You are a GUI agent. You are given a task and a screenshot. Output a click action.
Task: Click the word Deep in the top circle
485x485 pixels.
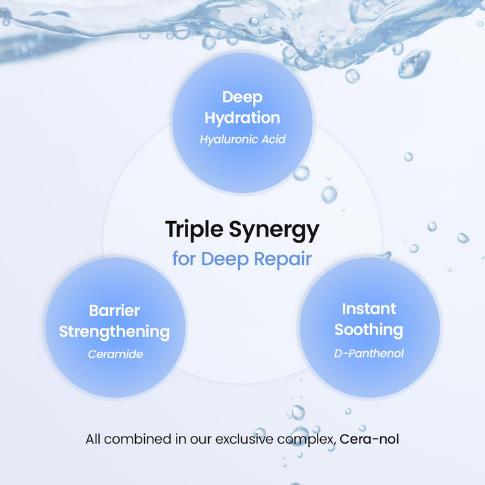click(x=242, y=98)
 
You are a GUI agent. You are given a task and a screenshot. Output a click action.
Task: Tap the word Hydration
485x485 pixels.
click(x=242, y=118)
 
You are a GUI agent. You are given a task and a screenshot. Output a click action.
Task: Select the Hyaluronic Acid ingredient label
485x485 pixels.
click(x=242, y=140)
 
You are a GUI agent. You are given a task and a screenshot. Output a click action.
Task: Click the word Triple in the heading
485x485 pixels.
click(x=194, y=230)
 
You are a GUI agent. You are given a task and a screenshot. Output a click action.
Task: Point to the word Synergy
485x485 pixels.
click(x=274, y=231)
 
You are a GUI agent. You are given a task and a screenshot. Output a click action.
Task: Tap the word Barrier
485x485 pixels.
click(x=114, y=310)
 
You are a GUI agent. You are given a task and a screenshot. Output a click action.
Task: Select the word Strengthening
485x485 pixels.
click(x=114, y=332)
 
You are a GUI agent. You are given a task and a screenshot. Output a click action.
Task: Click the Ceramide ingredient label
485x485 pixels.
click(x=115, y=354)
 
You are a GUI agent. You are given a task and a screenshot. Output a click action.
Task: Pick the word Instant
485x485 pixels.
click(x=369, y=308)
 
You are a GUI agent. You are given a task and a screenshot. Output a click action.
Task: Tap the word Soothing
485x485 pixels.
click(x=369, y=330)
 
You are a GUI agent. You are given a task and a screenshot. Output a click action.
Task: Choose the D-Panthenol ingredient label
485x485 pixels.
click(x=369, y=353)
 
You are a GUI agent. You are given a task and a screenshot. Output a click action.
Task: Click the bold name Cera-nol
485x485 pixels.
click(x=369, y=439)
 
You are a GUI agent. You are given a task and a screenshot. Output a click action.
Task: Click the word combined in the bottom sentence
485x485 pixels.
click(x=138, y=439)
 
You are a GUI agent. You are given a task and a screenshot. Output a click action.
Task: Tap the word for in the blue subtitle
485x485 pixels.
click(x=184, y=259)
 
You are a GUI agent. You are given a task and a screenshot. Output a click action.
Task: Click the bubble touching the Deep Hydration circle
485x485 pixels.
click(x=301, y=173)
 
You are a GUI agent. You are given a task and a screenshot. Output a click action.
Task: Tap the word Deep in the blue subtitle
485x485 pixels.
click(x=225, y=259)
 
